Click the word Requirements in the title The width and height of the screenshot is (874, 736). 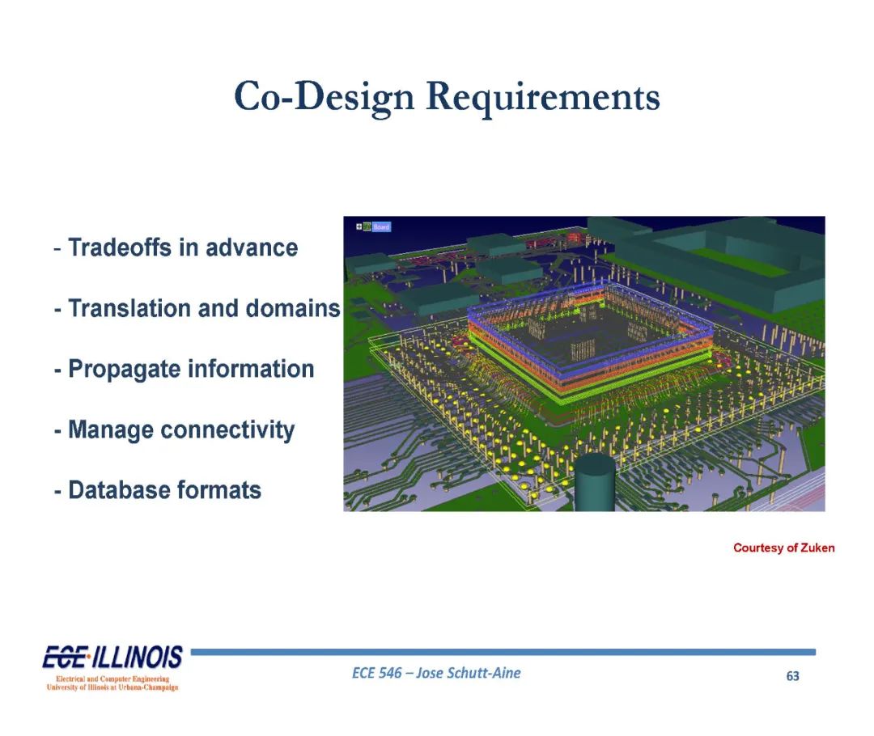point(543,97)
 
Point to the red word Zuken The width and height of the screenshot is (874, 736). point(817,548)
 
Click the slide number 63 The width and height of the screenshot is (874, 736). point(792,676)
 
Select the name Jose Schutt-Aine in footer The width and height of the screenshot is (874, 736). point(469,673)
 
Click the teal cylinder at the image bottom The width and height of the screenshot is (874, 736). point(595,483)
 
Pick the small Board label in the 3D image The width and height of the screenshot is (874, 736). point(381,226)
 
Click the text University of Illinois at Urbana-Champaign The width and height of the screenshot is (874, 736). point(112,687)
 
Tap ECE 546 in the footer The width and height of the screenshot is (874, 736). point(377,673)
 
